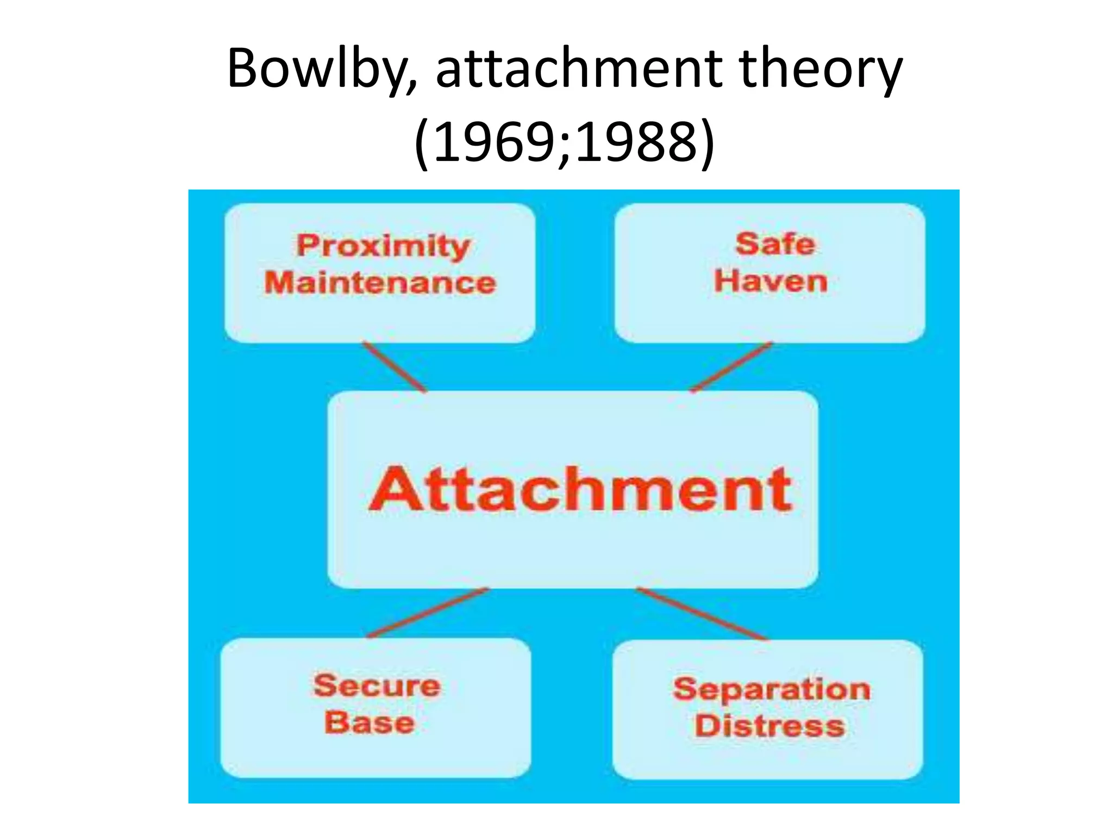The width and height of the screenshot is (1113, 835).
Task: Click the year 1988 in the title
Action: point(636,142)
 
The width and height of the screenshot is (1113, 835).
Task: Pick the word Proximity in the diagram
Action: point(383,246)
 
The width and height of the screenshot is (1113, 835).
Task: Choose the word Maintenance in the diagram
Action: point(380,283)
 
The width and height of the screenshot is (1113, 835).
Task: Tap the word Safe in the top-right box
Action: point(775,244)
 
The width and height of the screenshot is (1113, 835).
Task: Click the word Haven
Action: point(771,282)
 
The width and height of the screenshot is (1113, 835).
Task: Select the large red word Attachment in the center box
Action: point(580,489)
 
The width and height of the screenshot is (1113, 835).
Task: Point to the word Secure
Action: point(377,686)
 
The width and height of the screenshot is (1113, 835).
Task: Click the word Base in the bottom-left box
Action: point(370,723)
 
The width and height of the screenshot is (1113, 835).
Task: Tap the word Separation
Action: point(772,690)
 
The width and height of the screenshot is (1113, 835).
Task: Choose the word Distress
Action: point(770,726)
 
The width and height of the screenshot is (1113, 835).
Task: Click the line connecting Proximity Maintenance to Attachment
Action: point(395,367)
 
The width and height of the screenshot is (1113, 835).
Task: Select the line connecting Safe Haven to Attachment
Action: point(731,367)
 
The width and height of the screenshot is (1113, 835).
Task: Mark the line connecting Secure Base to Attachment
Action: point(428,613)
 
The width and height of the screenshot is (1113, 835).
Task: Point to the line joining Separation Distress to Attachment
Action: point(702,613)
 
